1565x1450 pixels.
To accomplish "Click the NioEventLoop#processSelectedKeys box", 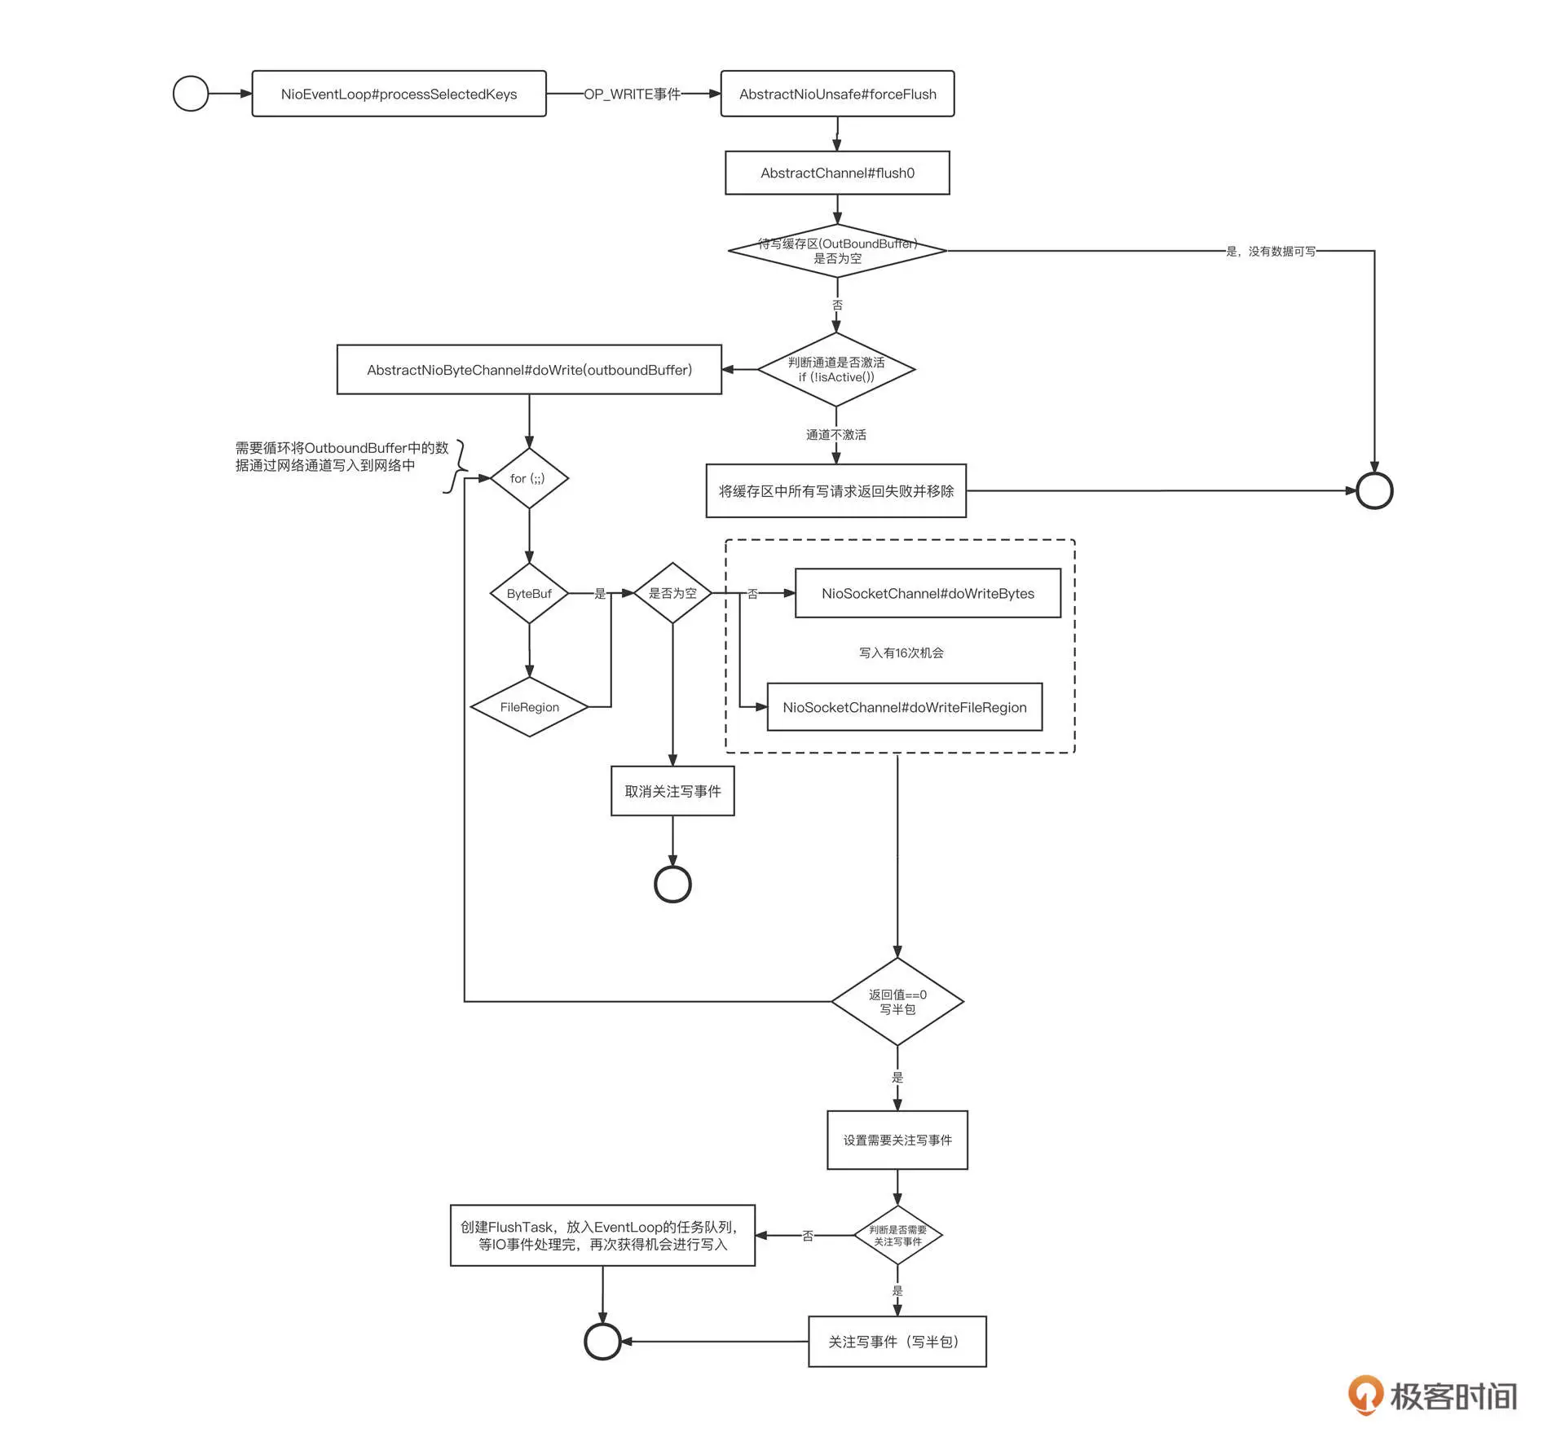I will pos(399,94).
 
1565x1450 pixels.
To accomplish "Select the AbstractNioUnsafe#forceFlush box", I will pos(837,94).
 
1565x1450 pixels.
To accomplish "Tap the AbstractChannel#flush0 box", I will pos(837,173).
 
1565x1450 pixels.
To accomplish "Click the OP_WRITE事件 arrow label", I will pos(632,94).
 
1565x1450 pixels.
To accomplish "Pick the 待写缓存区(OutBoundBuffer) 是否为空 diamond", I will pos(837,251).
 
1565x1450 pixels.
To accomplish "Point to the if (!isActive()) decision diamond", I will pos(836,369).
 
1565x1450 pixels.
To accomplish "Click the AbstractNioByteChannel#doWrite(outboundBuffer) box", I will pos(529,370).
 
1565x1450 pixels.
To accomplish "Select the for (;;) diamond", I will pos(529,478).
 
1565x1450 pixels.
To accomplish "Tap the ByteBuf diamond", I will pos(529,594).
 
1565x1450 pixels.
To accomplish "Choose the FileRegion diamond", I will pos(530,707).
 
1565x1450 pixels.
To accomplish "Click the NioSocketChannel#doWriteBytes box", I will pos(928,593).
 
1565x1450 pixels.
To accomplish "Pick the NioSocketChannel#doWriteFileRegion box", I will pos(905,707).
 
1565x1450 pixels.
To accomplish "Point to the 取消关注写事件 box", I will pos(672,791).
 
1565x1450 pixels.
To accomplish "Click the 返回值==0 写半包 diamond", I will pos(897,1002).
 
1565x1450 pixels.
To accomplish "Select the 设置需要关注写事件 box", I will pos(897,1140).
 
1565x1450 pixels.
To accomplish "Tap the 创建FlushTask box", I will pos(602,1236).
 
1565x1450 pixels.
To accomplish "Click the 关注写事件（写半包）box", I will pos(897,1342).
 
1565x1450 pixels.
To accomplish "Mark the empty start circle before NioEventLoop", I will pos(191,94).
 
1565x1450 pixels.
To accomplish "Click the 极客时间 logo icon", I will pos(1365,1395).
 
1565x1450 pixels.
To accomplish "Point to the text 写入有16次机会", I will pos(901,652).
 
